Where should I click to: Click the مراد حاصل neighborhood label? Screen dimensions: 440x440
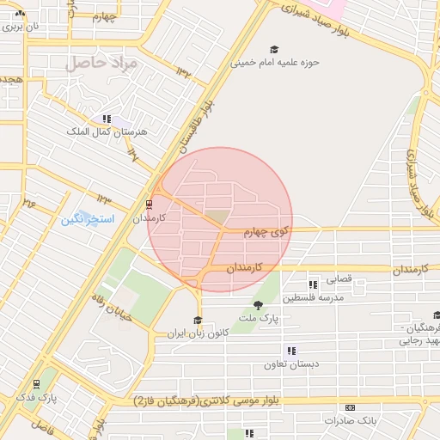(x=96, y=64)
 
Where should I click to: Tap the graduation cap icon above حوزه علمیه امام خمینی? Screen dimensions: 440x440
(x=274, y=50)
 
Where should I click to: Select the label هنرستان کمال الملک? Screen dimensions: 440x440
(x=107, y=131)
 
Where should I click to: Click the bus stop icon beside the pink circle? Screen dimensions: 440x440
(x=150, y=205)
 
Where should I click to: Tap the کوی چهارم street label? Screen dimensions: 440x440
(x=268, y=231)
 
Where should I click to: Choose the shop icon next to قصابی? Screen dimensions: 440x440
(x=313, y=284)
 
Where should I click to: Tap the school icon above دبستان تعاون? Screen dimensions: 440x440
(x=292, y=351)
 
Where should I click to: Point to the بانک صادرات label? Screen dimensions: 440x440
(x=351, y=420)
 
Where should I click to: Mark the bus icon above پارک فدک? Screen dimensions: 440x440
(x=36, y=384)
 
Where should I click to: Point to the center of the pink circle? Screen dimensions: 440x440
(x=220, y=220)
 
